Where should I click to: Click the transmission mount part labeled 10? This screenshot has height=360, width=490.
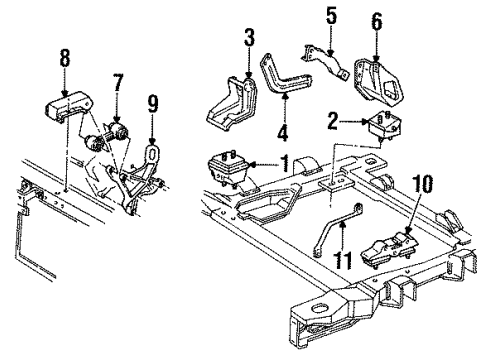(392, 249)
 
